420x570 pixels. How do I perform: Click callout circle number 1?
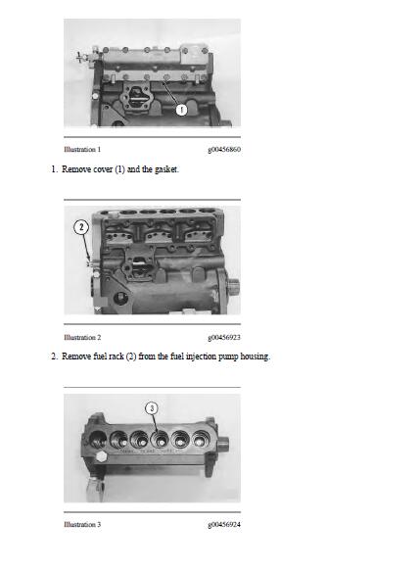(x=181, y=110)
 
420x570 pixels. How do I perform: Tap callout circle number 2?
(x=81, y=227)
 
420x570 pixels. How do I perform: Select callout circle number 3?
(x=152, y=408)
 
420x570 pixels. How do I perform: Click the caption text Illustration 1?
(x=82, y=150)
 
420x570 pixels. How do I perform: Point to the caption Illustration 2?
(x=82, y=337)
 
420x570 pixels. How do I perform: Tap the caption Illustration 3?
(x=82, y=525)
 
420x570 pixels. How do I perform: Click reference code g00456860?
(x=224, y=150)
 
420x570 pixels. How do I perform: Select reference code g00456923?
(x=224, y=338)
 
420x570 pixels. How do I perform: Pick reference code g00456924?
(x=224, y=525)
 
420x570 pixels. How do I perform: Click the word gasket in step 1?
(x=166, y=169)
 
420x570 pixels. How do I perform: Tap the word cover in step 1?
(x=100, y=169)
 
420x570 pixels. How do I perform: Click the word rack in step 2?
(x=117, y=356)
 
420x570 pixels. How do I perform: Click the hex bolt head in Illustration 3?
(x=102, y=456)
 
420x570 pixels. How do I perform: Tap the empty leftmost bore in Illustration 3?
(x=97, y=439)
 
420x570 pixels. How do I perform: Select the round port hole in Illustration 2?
(x=119, y=299)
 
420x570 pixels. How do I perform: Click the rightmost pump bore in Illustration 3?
(x=200, y=439)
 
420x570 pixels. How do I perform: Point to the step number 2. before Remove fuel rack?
(x=55, y=356)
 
